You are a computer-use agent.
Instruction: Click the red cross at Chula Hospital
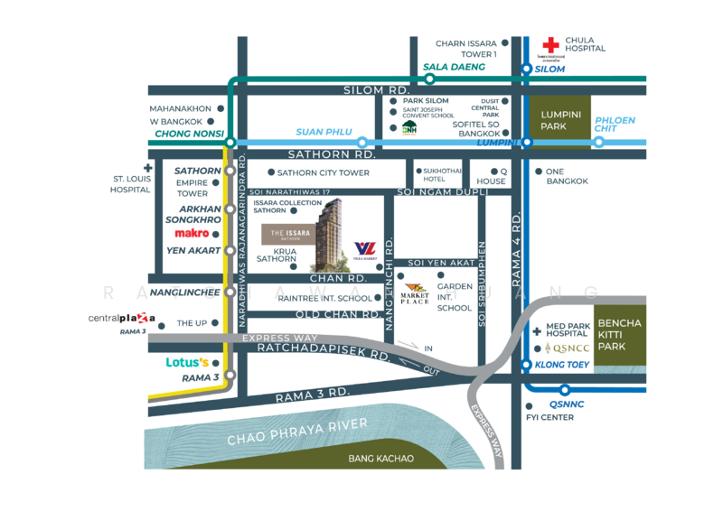(x=549, y=45)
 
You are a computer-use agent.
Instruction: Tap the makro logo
(x=192, y=233)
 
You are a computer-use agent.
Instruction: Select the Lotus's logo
(x=187, y=363)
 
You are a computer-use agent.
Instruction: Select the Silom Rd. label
(x=377, y=90)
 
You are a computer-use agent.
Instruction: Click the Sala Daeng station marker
(x=431, y=79)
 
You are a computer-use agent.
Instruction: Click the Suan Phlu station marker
(x=361, y=142)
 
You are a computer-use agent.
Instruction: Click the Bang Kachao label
(x=380, y=459)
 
